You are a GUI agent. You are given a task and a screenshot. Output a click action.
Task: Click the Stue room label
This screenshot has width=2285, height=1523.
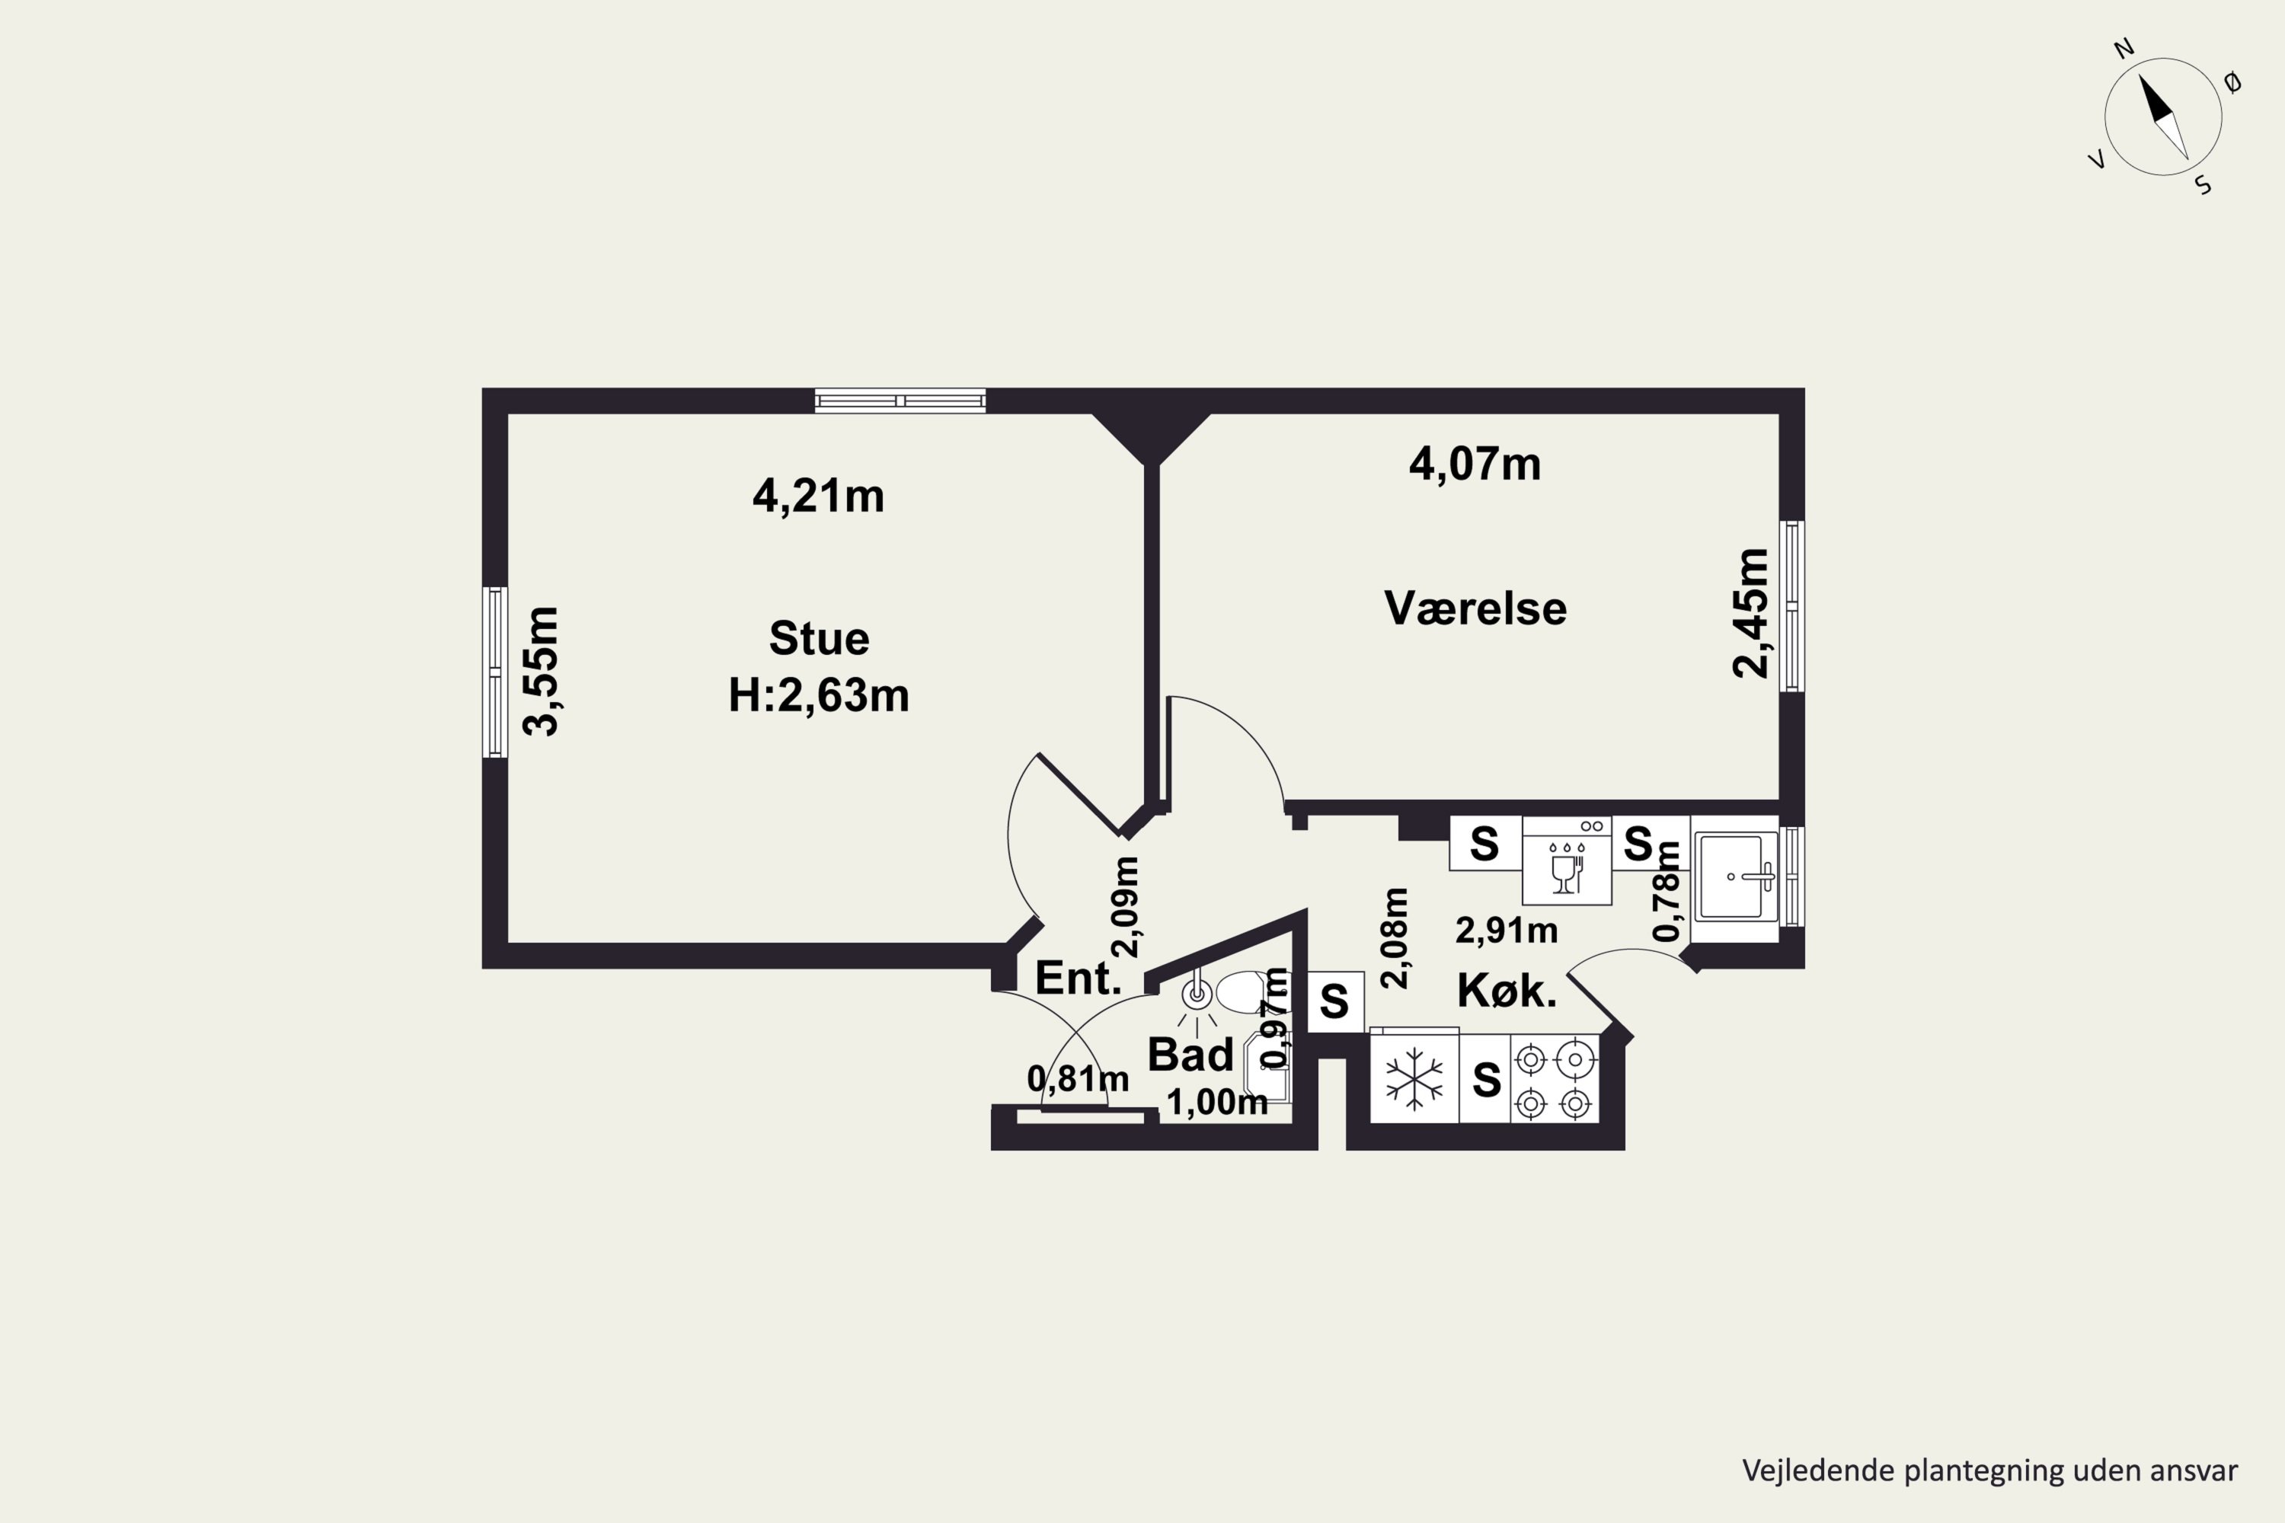(x=819, y=638)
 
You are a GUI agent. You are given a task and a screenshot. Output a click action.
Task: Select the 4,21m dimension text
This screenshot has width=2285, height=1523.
(x=818, y=496)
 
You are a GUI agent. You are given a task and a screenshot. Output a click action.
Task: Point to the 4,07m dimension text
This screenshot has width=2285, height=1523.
(x=1475, y=465)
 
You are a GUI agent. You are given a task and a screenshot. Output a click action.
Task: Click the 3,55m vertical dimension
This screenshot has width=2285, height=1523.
(x=541, y=671)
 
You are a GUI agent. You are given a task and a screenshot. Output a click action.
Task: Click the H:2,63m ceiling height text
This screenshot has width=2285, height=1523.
(x=819, y=695)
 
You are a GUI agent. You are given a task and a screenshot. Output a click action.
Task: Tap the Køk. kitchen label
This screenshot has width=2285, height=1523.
(x=1507, y=991)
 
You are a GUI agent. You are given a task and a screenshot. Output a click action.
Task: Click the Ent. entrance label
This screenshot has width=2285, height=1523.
(x=1079, y=978)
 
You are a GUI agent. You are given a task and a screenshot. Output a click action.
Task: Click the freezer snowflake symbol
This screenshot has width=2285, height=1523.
(x=1414, y=1078)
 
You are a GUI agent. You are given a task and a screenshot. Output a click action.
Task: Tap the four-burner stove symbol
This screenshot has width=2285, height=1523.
(x=1555, y=1079)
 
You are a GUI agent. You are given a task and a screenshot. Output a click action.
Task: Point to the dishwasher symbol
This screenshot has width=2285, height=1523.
(x=1567, y=860)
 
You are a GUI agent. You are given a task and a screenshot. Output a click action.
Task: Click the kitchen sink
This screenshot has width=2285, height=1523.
(x=1735, y=877)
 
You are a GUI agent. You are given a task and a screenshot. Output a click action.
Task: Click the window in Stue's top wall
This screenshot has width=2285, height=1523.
(x=900, y=401)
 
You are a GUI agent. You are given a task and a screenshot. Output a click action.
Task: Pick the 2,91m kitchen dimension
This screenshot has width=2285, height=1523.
(x=1506, y=931)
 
